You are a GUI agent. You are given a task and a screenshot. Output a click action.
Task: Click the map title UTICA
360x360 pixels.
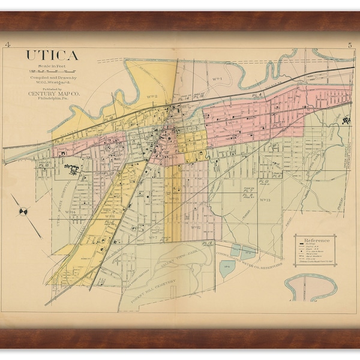tap(52, 56)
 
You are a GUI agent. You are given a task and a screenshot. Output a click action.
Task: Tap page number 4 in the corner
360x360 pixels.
tap(7, 45)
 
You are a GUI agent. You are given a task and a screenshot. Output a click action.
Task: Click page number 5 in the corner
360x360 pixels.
tap(349, 45)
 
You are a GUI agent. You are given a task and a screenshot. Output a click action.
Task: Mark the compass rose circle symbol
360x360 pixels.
tap(23, 211)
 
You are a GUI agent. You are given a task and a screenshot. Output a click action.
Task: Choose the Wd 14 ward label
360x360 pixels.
tap(70, 212)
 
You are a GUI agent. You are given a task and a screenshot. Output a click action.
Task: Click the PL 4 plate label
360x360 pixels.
tap(257, 95)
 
